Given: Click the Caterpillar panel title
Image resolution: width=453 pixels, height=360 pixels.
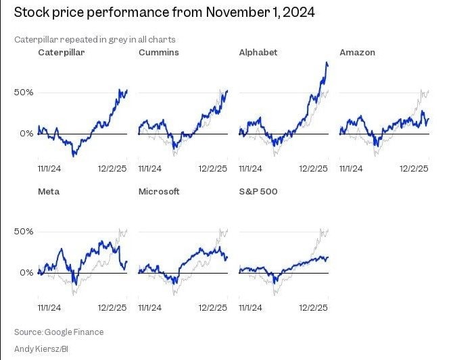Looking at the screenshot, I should point(61,52).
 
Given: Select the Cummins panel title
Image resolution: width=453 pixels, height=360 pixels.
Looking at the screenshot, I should point(159,52).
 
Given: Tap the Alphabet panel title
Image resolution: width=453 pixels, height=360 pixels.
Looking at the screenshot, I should point(258,52).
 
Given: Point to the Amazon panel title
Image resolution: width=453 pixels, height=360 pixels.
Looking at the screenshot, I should point(357,52).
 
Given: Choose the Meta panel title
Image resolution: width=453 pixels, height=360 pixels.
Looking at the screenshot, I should point(49,191).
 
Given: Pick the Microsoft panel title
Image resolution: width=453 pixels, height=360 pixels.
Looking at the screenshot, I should point(159,191).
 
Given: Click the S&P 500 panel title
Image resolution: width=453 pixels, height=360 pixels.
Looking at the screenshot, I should point(258,191).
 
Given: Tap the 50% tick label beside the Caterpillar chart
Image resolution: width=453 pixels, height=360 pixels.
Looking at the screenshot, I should point(22,92).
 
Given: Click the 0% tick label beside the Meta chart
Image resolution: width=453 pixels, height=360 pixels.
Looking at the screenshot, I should point(25,273).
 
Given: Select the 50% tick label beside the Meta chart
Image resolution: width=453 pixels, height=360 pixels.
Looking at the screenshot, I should point(22,232).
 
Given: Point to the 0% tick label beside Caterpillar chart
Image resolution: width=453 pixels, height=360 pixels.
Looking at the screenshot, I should point(25,134).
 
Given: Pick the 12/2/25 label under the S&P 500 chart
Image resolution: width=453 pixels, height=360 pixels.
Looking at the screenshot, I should point(314,307).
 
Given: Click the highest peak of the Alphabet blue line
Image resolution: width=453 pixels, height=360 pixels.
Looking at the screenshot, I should point(327,63).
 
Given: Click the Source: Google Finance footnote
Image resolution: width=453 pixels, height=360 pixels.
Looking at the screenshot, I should point(59,332).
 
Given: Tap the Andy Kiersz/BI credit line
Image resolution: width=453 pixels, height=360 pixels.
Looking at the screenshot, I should point(43,349).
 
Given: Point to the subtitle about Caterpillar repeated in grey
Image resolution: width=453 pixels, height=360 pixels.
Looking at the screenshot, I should point(94,39).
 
